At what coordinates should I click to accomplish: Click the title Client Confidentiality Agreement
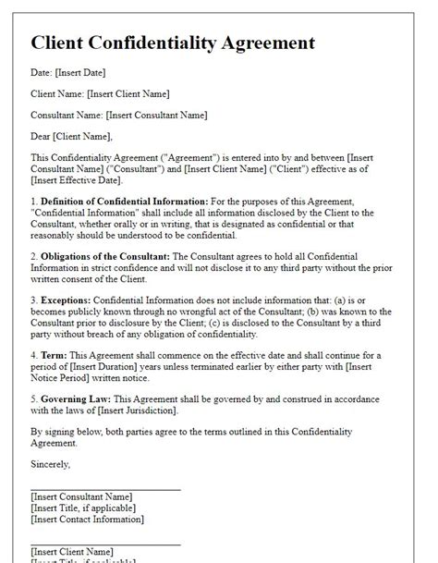coord(173,43)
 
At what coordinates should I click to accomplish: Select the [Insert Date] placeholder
coord(80,72)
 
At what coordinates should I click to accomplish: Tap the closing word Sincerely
coord(50,463)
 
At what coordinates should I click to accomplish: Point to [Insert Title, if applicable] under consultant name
coord(82,508)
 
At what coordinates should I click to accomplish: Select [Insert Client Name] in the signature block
coord(72,551)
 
